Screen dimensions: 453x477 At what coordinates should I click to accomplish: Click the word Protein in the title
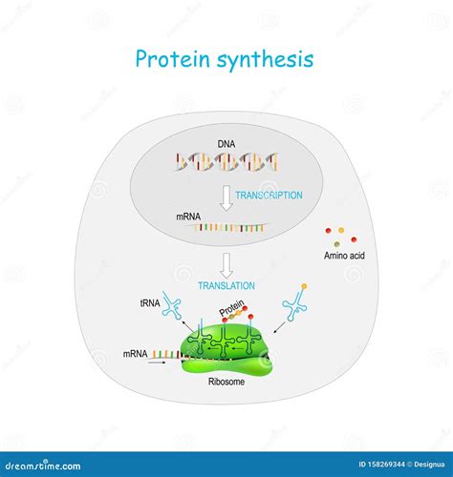point(172,59)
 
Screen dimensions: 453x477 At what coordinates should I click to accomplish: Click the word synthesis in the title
point(266,61)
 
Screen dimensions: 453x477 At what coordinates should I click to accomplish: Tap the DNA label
point(226,144)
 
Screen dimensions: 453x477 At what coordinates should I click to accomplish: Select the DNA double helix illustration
point(226,161)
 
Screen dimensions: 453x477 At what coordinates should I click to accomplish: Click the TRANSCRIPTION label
point(269,195)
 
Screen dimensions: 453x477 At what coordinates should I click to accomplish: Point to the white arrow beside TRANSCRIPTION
point(226,198)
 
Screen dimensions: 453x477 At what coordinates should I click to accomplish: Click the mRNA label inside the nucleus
point(188,217)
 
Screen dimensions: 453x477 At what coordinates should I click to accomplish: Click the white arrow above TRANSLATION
point(226,265)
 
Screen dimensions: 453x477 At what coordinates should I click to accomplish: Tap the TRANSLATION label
point(226,285)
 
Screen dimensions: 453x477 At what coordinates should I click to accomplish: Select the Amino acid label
point(344,256)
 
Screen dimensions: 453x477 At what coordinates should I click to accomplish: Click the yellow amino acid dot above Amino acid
point(341,230)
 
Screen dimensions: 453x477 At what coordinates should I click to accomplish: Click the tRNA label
point(150,303)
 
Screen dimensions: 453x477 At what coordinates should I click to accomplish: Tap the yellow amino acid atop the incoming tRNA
point(304,286)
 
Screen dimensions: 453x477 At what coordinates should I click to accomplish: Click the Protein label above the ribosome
point(231,307)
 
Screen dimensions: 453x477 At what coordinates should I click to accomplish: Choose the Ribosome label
point(226,382)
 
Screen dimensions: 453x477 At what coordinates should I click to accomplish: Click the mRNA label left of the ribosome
point(136,354)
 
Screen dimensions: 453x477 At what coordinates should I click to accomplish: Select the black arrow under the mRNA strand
point(158,362)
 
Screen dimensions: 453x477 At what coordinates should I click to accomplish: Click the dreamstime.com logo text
point(43,466)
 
